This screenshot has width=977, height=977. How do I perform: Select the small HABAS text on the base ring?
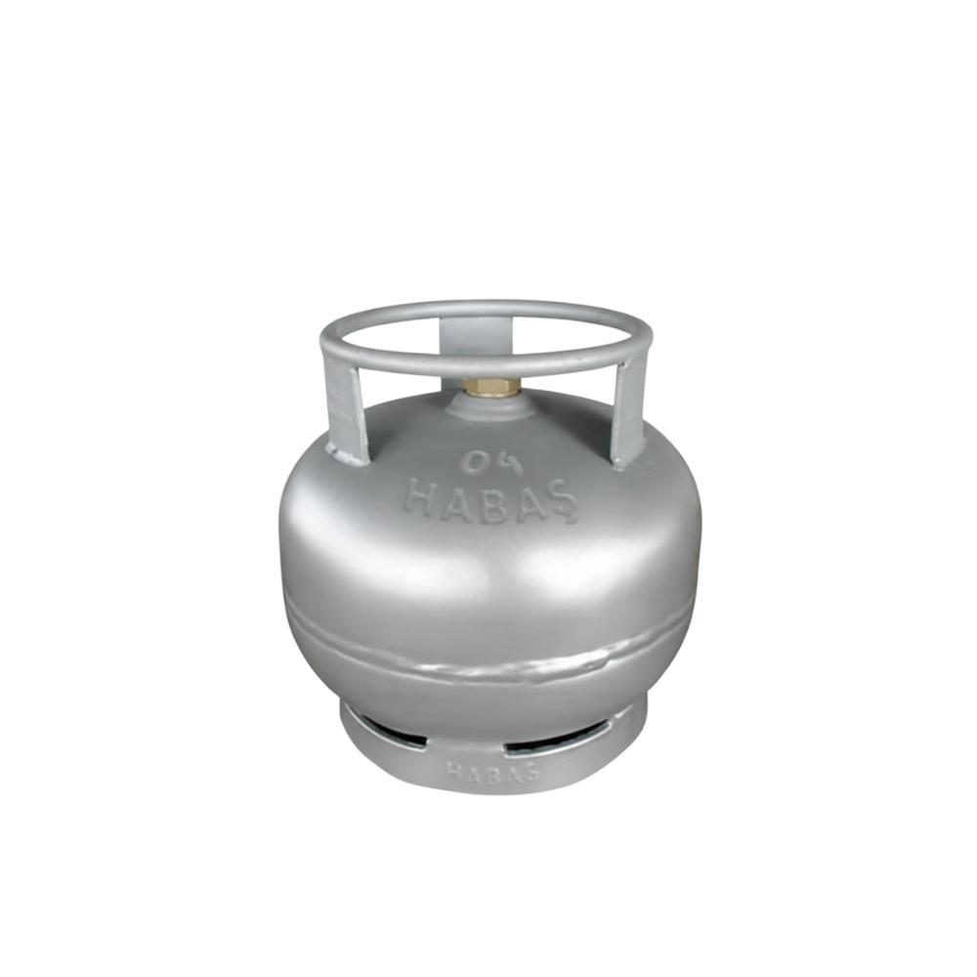[x=492, y=772]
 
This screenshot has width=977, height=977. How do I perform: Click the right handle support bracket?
[x=628, y=414]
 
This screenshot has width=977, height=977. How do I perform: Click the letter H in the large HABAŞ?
[x=419, y=497]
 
